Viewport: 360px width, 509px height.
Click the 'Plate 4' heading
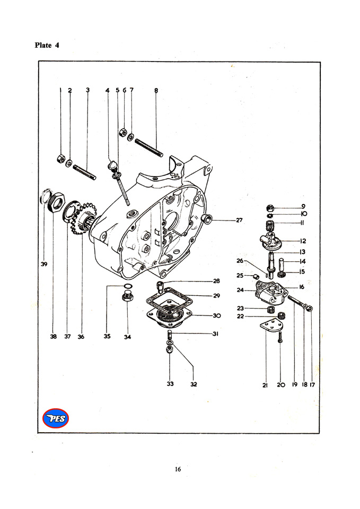(x=47, y=45)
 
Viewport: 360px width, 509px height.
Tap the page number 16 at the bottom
(x=179, y=469)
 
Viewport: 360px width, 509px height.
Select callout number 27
(x=240, y=220)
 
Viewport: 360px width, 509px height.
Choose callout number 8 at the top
(x=156, y=90)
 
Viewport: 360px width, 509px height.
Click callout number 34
(x=127, y=336)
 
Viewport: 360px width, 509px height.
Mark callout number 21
(x=265, y=385)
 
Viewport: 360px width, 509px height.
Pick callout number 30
(x=216, y=315)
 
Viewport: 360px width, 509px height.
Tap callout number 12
(x=302, y=241)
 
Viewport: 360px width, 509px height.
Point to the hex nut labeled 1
(x=60, y=158)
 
